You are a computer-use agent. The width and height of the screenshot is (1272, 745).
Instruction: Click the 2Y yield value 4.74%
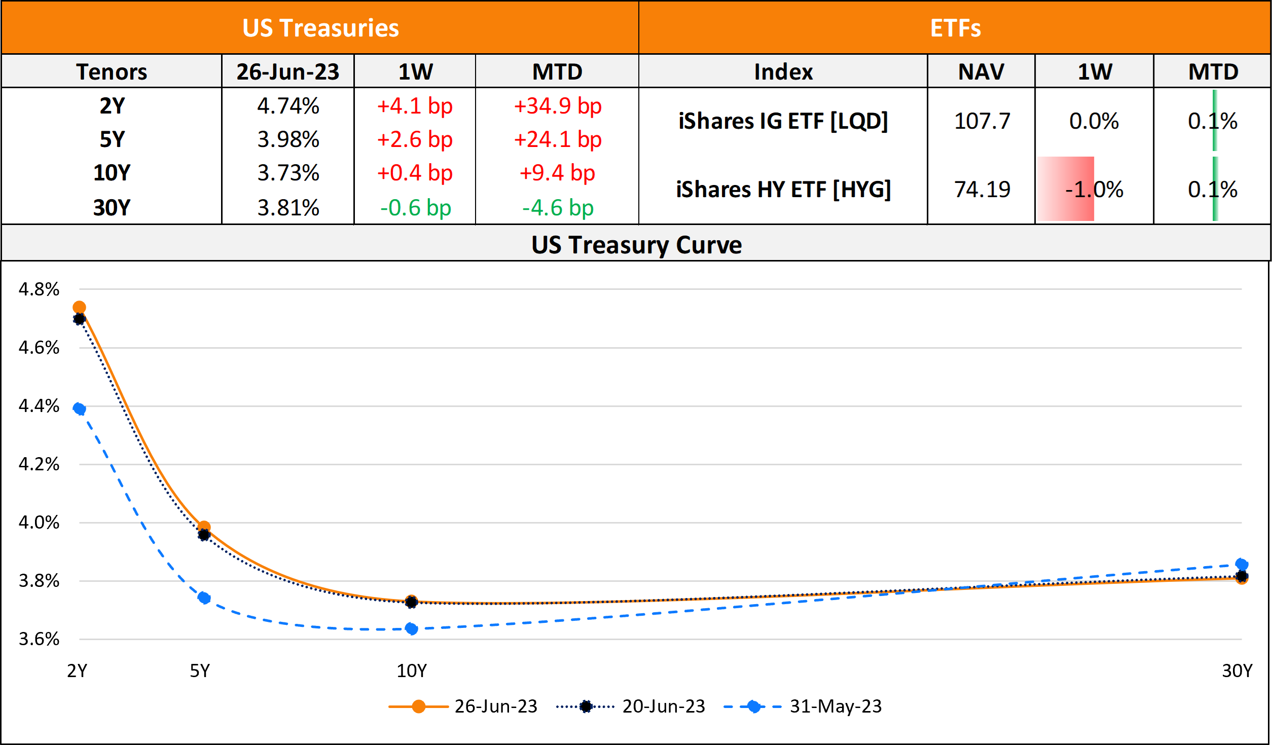[288, 106]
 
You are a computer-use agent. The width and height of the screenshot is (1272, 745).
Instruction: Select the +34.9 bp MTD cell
[557, 106]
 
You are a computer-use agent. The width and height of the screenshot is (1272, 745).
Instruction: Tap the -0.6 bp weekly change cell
[415, 208]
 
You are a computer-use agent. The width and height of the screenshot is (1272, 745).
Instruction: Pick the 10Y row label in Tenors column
[112, 173]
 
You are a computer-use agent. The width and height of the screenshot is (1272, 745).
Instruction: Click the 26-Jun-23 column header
[287, 71]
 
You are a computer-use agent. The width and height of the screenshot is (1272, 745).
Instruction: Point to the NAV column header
[980, 71]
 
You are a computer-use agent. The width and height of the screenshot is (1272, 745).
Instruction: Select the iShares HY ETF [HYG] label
[783, 190]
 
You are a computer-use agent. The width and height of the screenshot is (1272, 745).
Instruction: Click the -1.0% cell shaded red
[1094, 190]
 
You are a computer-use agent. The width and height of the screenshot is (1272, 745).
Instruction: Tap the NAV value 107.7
[982, 121]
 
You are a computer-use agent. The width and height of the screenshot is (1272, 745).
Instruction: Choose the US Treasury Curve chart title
[636, 245]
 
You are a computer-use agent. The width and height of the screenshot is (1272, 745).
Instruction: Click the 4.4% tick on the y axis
[39, 405]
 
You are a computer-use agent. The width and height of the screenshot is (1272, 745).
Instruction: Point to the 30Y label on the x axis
[1237, 670]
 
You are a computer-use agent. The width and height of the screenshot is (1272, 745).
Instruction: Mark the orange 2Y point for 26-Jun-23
[79, 307]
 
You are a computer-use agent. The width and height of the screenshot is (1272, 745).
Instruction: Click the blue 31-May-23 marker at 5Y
[204, 598]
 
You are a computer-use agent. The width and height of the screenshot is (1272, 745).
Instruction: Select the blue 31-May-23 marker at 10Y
[411, 629]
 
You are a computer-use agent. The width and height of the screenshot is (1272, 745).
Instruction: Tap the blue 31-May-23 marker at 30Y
[1241, 564]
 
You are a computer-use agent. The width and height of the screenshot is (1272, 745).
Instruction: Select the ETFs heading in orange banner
[955, 28]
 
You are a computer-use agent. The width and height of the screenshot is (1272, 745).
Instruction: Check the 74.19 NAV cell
[982, 190]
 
